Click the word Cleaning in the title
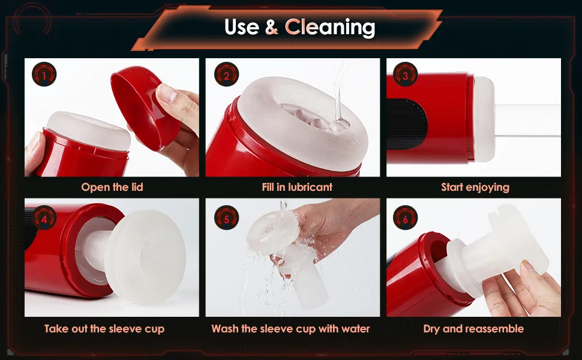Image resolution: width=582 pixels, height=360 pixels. [x=330, y=27]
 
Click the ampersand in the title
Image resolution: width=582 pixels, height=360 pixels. [x=272, y=28]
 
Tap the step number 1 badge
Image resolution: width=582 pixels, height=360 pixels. [x=44, y=74]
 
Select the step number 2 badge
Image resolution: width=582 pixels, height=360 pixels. [x=226, y=74]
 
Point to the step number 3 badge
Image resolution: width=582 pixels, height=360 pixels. [x=405, y=74]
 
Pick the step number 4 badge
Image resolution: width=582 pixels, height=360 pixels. [x=44, y=218]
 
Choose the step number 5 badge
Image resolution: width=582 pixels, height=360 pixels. [x=226, y=218]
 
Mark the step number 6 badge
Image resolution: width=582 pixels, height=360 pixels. [x=405, y=218]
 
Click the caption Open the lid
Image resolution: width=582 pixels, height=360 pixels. [x=112, y=187]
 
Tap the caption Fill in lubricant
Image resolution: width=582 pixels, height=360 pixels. [x=297, y=187]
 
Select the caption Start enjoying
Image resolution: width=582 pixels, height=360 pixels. [x=475, y=187]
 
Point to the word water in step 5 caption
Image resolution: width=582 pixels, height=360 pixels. [x=355, y=329]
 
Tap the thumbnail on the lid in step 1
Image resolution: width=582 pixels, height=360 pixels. [x=167, y=93]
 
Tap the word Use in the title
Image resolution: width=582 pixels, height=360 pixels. [x=242, y=28]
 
